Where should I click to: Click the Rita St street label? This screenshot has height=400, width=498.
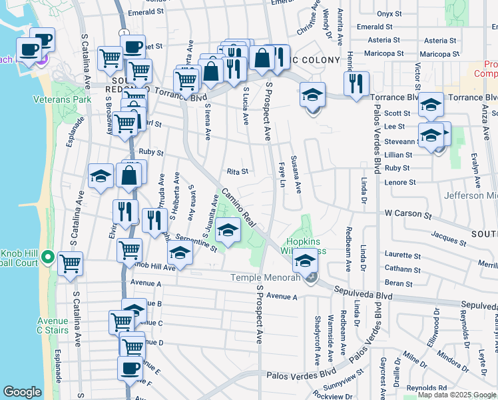[x=237, y=171]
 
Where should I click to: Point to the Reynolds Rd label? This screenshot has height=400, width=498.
[x=427, y=387]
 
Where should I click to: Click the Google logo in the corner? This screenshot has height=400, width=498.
[x=22, y=392]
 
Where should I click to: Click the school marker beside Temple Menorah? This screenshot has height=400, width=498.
[x=306, y=260]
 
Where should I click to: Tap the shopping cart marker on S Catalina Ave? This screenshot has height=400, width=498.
[x=69, y=263]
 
